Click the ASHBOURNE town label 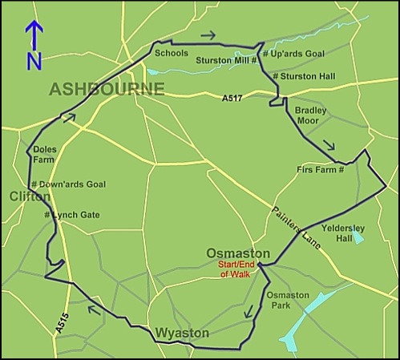(x=107, y=88)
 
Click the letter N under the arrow (x=34, y=61)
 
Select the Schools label (x=172, y=54)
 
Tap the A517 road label (x=232, y=98)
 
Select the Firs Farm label (x=319, y=169)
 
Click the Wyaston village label (x=182, y=332)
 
